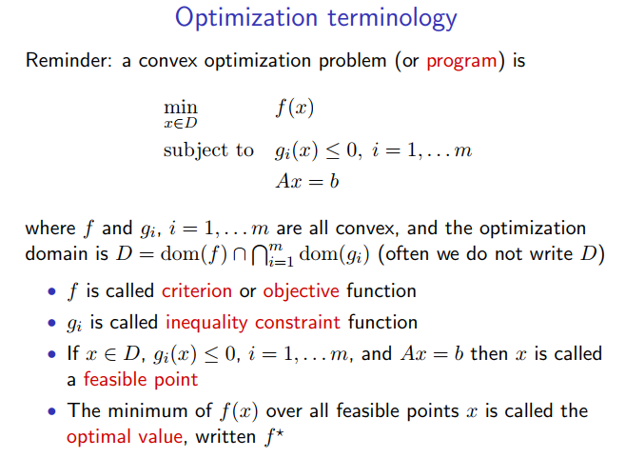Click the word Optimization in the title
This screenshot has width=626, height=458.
point(245,19)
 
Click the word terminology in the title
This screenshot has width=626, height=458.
point(393,19)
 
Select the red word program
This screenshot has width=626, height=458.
point(462,62)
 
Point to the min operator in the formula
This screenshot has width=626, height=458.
point(181,107)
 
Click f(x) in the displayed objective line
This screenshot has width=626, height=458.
point(295,108)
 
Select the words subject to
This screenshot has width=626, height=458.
point(208,150)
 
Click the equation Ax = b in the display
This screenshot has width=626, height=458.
point(307,181)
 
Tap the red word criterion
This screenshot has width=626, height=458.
point(197,290)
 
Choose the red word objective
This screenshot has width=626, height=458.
point(301,291)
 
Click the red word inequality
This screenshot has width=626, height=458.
point(206,323)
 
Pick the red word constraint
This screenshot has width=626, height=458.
point(298,323)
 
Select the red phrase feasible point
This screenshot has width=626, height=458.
point(141,380)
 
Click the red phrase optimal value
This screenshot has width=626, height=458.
point(125,436)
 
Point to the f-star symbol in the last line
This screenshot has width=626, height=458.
point(274,436)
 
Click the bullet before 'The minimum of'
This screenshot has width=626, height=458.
point(52,411)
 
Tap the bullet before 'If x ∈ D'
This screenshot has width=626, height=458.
point(52,354)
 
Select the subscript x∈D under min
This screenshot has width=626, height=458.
point(181,123)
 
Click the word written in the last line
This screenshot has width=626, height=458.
point(225,436)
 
